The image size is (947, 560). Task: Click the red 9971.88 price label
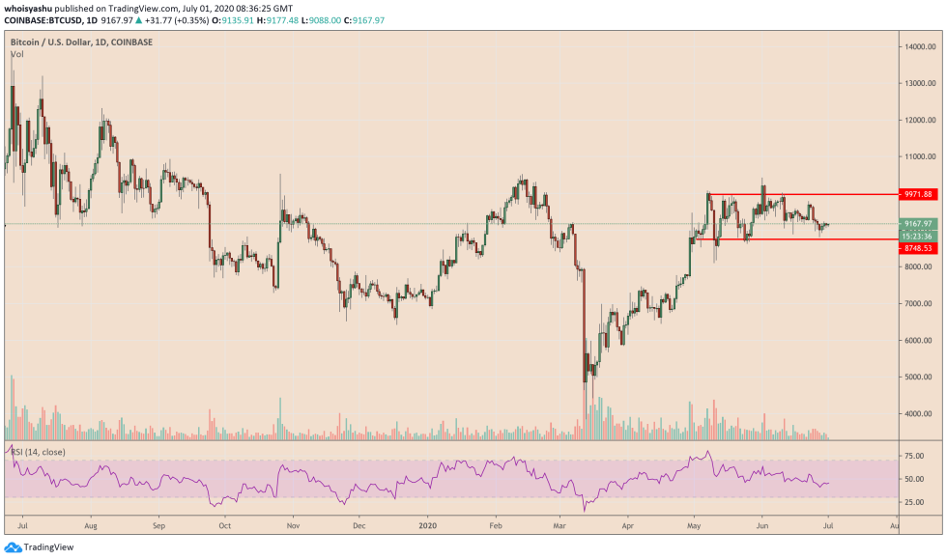[919, 194]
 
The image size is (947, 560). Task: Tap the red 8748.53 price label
[919, 248]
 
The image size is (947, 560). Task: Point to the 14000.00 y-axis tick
[919, 46]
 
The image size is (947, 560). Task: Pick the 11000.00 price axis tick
[919, 156]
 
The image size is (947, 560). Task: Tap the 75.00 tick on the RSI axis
[915, 455]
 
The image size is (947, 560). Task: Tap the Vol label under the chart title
[16, 55]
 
